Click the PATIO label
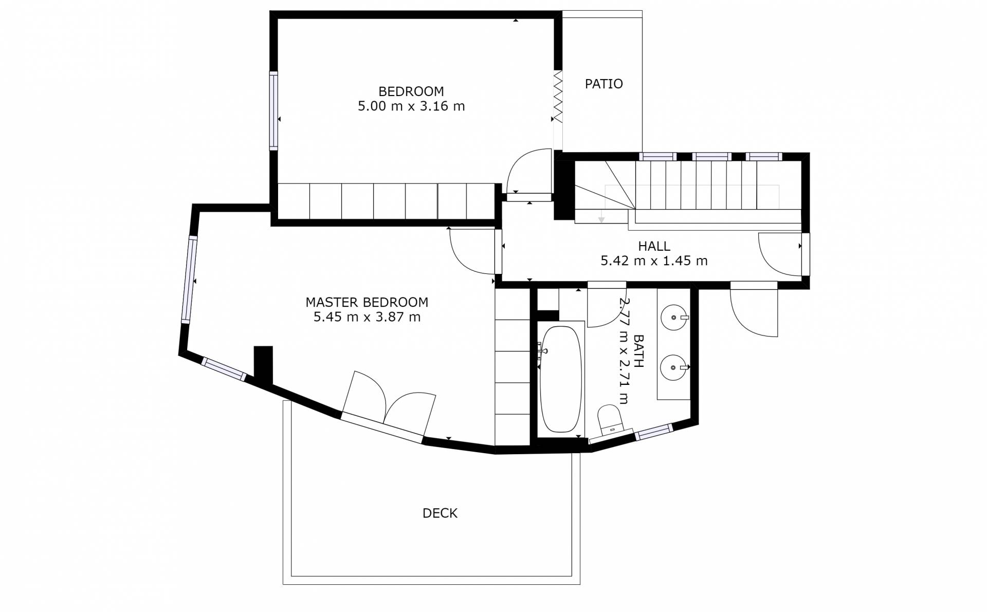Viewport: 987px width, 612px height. [604, 84]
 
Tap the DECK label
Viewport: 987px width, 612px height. [440, 513]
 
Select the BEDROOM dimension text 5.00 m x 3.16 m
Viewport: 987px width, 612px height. [411, 106]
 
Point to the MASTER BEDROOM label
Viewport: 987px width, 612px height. [367, 302]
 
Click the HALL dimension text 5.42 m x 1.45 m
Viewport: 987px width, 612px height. [654, 261]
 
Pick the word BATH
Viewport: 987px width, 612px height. [638, 351]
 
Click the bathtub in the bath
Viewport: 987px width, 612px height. [561, 379]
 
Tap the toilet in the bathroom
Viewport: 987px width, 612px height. [611, 419]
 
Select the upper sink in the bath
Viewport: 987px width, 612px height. [674, 318]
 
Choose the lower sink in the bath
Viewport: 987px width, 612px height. [674, 367]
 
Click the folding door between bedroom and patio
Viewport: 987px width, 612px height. [558, 97]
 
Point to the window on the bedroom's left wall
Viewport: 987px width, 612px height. [274, 111]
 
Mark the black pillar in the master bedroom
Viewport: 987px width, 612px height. [263, 365]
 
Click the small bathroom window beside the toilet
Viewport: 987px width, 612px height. [654, 432]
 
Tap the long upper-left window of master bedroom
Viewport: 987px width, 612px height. [189, 280]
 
